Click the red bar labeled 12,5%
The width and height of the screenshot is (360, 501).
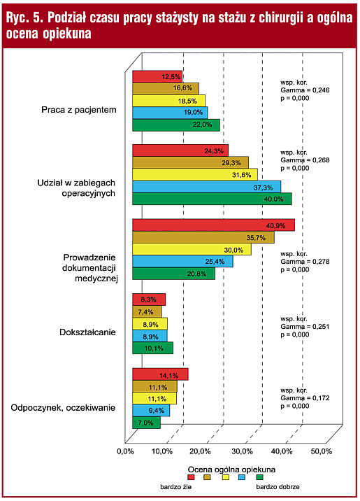click(x=157, y=77)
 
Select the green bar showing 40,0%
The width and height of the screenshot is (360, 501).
click(x=212, y=199)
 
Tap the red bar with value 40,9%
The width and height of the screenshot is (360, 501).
click(x=213, y=225)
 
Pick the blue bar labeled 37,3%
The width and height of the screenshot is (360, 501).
click(x=206, y=187)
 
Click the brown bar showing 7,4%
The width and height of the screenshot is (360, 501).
click(x=147, y=311)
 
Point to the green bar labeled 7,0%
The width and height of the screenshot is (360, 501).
click(x=147, y=423)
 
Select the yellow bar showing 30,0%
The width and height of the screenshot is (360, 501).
click(x=192, y=249)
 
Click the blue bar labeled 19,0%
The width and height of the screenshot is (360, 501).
click(x=170, y=113)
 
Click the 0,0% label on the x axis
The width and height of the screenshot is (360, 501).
click(x=125, y=451)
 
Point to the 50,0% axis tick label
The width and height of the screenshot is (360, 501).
click(x=322, y=451)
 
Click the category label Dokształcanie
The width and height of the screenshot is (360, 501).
click(x=87, y=332)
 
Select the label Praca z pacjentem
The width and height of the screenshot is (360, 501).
click(x=79, y=110)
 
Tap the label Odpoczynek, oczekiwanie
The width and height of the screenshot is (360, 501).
click(x=63, y=408)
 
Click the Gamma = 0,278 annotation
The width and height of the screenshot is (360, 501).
click(x=305, y=262)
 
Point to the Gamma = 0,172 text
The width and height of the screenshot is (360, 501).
click(x=305, y=398)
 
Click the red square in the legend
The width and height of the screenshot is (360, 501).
click(x=191, y=477)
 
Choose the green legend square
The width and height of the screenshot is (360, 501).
click(x=260, y=477)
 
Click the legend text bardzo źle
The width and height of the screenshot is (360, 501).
click(x=176, y=487)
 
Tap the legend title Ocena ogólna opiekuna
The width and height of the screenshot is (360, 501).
click(x=231, y=470)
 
